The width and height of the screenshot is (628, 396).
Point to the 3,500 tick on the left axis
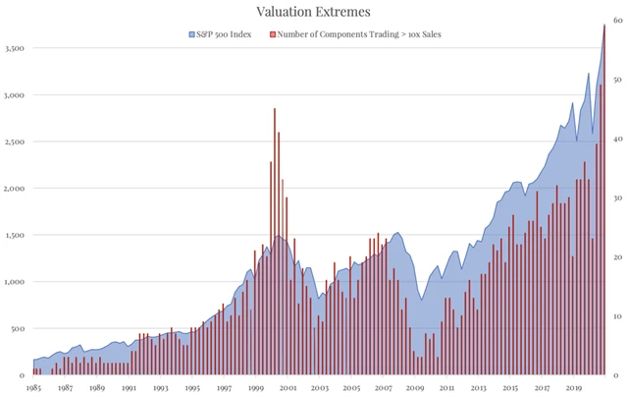coord(15,47)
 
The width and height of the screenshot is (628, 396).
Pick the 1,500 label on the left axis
coord(15,235)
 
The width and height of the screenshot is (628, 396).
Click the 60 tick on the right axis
coord(615,23)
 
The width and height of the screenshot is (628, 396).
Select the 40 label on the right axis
coord(615,141)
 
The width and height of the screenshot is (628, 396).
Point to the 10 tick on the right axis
coord(615,316)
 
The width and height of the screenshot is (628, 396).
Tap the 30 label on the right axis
coord(615,199)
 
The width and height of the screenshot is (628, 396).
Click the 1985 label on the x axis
coord(34,388)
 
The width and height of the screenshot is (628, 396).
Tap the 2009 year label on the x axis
coord(416,388)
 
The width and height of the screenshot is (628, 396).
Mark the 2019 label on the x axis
coord(575,388)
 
